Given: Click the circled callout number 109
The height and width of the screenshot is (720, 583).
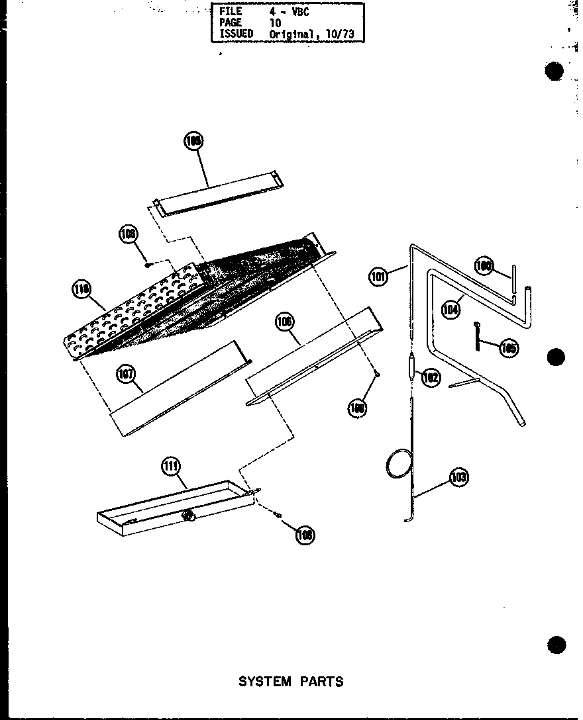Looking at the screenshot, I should click(x=193, y=141).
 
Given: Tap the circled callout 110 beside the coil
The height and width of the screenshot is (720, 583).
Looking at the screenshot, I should click(x=82, y=289).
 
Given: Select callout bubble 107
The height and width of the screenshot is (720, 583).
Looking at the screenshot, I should click(x=125, y=375).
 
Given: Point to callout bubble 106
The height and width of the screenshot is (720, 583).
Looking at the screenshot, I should click(x=284, y=322).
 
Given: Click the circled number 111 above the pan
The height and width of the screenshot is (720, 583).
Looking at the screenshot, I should click(x=171, y=467).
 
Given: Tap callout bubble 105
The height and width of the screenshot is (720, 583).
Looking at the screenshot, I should click(x=509, y=349).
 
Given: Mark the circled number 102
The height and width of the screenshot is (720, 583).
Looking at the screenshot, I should click(x=431, y=378).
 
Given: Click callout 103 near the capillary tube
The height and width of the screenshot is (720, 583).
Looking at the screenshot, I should click(x=458, y=476).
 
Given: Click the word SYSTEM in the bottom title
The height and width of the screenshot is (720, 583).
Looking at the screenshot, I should click(x=264, y=681).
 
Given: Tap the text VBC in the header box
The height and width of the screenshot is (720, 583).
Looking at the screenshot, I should click(x=299, y=11).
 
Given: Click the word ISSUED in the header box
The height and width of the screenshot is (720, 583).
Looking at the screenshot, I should click(x=236, y=33).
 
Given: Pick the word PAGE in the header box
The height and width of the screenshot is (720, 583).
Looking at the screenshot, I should click(x=229, y=22).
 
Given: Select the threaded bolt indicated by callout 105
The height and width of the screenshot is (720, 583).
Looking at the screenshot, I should click(x=477, y=337).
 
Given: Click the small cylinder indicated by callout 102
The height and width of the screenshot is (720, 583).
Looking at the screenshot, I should click(x=411, y=367).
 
